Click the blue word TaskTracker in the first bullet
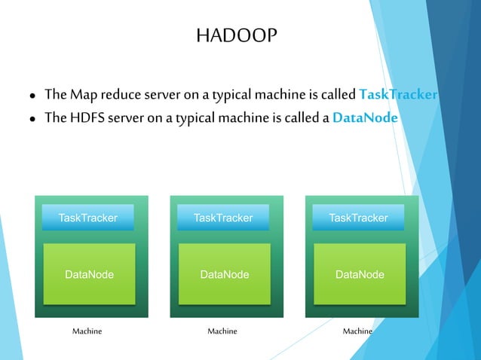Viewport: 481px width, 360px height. [x=398, y=95]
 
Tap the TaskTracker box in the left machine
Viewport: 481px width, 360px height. [x=88, y=218]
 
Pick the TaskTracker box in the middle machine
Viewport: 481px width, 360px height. [x=223, y=218]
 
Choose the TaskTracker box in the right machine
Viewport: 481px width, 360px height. [x=358, y=218]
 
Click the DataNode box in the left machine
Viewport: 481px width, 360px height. [x=89, y=274]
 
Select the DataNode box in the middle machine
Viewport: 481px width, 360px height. [x=224, y=274]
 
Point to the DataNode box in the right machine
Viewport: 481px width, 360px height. [x=359, y=274]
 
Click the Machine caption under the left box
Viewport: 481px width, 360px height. [x=87, y=331]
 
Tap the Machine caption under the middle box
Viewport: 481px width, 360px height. [x=222, y=331]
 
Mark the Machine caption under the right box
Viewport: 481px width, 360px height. [x=357, y=331]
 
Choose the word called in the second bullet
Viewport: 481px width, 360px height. [x=299, y=118]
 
